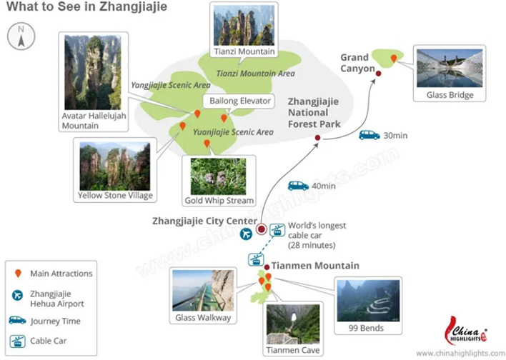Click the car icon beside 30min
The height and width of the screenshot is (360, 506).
(369, 134)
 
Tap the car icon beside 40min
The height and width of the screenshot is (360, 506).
(298, 186)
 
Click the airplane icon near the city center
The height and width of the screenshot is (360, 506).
(247, 234)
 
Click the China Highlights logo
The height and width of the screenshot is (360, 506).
(466, 331)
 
